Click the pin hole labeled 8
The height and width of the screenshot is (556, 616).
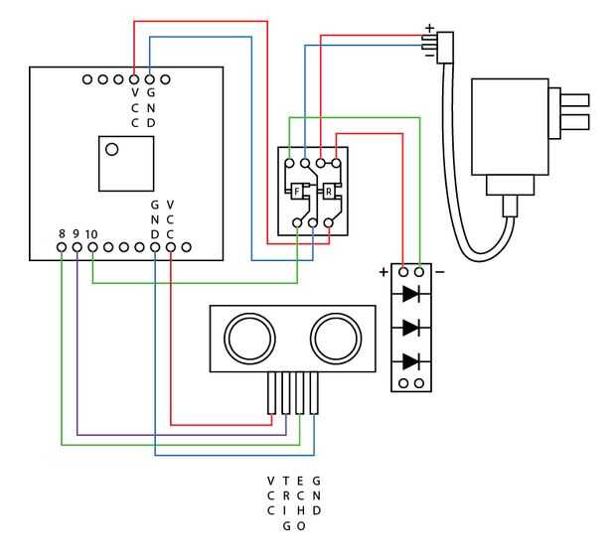click(x=62, y=247)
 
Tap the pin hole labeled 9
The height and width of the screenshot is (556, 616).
click(x=77, y=247)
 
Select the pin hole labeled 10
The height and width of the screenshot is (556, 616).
click(x=92, y=247)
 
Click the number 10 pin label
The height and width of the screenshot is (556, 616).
click(x=91, y=234)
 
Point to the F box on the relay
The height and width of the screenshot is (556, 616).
click(x=297, y=192)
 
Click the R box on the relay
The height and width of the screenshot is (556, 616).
click(x=329, y=192)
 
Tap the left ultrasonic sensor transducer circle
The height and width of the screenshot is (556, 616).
click(x=249, y=339)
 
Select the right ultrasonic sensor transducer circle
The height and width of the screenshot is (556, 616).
click(x=336, y=339)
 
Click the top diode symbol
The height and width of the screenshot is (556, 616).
click(x=410, y=293)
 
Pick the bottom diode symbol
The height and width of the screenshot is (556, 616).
click(x=410, y=361)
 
